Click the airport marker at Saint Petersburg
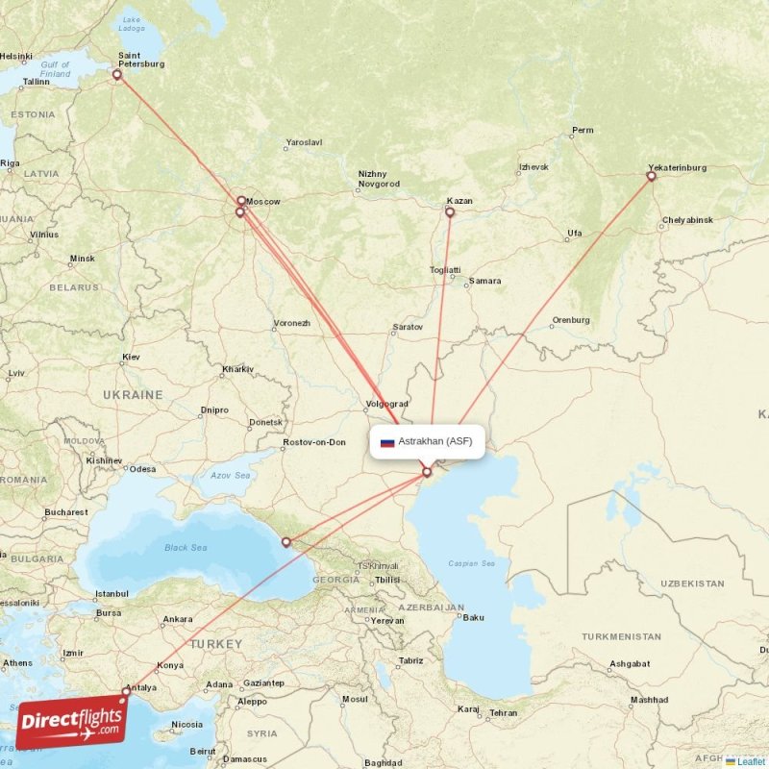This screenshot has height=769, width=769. [117, 74]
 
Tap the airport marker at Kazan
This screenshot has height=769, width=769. [449, 212]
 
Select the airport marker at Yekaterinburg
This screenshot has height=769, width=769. [651, 176]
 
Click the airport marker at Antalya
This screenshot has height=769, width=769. [126, 690]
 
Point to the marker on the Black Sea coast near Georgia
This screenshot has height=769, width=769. [285, 542]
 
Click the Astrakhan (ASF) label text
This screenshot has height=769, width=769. [434, 442]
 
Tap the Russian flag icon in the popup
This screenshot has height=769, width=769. [387, 442]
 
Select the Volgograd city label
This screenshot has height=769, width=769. [388, 404]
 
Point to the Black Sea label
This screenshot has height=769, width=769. [185, 548]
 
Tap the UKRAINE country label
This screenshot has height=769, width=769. [133, 395]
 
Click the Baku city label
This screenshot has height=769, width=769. [473, 617]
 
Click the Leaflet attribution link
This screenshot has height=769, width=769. [751, 761]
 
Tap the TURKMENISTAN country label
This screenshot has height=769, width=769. [621, 636]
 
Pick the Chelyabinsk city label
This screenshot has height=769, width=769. [687, 220]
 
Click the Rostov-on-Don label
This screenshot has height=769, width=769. [314, 442]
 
